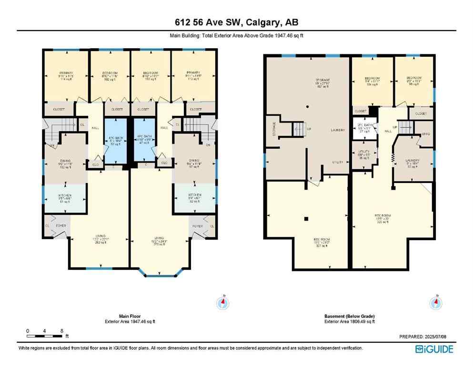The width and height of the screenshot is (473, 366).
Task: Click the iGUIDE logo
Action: click(434, 349)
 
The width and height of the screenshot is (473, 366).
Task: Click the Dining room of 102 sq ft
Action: click(65, 164)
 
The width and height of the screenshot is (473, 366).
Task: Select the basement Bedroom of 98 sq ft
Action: click(413, 81)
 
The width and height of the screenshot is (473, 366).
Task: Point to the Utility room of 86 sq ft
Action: click(364, 154)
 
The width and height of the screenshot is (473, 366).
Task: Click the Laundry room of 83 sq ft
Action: click(413, 163)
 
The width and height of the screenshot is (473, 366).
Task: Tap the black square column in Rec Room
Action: click(307, 219)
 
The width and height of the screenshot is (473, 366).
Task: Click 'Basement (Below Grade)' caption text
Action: click(349, 316)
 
